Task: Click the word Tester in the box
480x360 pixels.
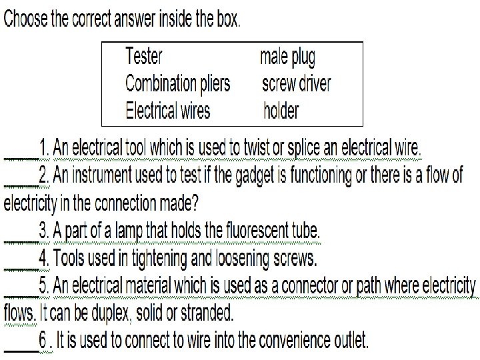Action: (144, 56)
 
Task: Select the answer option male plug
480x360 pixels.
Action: (287, 57)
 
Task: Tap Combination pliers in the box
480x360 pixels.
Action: (178, 83)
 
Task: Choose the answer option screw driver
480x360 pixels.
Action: (296, 83)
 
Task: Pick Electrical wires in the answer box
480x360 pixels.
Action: (168, 109)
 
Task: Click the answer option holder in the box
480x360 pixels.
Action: (281, 110)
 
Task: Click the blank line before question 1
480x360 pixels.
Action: (21, 155)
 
